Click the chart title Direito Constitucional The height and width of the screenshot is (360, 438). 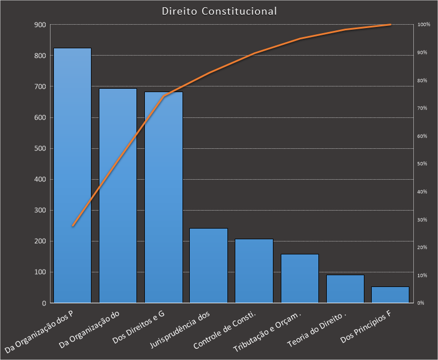(219, 11)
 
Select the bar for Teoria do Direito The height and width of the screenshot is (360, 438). (345, 289)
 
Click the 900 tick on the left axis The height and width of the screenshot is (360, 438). (40, 25)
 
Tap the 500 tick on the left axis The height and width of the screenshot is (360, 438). (40, 148)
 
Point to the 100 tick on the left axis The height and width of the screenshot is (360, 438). (40, 272)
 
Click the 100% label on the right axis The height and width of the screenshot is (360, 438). (424, 25)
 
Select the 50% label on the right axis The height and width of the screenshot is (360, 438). (423, 164)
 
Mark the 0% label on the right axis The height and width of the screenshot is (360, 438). (422, 303)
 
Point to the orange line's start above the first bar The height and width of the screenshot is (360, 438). (72, 226)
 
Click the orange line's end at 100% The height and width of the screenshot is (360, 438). (390, 25)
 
